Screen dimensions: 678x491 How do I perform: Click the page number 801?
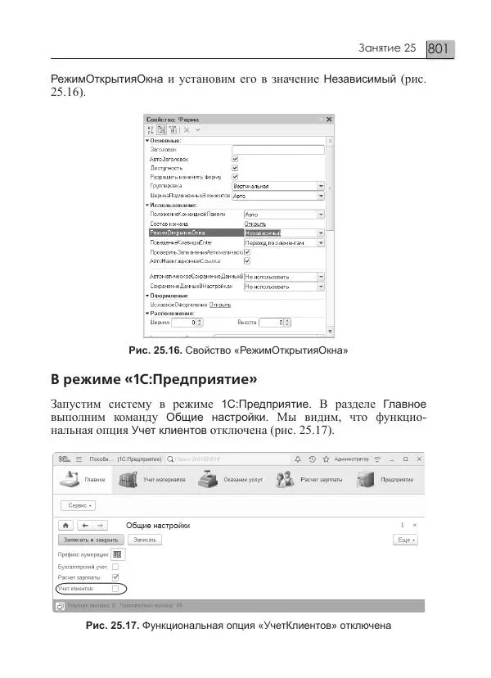click(x=440, y=50)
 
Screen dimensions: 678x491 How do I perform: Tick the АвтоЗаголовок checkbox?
click(x=236, y=159)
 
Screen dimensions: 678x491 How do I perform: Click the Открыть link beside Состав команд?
click(x=255, y=224)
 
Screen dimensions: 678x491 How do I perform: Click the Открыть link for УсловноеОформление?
click(x=220, y=304)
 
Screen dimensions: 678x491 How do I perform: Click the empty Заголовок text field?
click(x=278, y=149)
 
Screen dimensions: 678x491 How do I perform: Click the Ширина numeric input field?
click(x=187, y=323)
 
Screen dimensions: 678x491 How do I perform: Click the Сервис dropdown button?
click(x=76, y=506)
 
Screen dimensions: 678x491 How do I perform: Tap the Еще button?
click(x=406, y=540)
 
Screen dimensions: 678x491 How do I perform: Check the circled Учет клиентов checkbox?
click(x=115, y=589)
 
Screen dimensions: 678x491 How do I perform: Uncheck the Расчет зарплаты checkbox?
click(x=115, y=577)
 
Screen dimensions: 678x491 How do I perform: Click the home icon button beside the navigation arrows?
click(x=64, y=525)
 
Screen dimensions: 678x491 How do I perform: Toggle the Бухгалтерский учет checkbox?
click(x=115, y=566)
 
